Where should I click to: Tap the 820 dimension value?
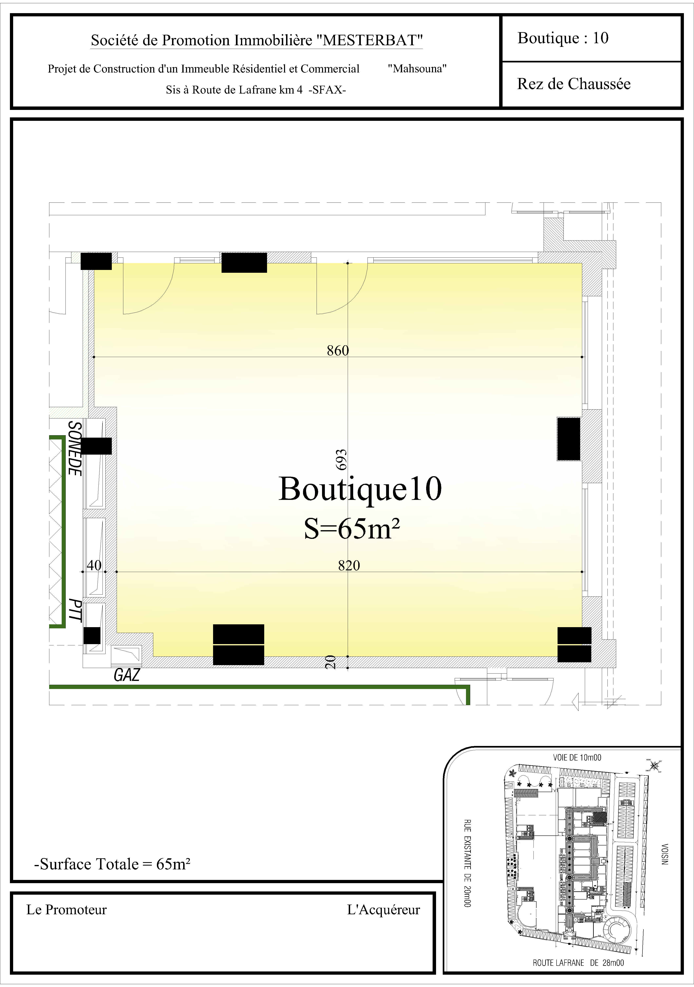click(x=349, y=565)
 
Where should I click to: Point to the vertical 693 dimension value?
click(x=341, y=459)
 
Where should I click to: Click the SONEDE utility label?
click(x=75, y=448)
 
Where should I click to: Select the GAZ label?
click(x=126, y=675)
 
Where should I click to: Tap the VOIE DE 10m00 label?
click(x=577, y=757)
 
